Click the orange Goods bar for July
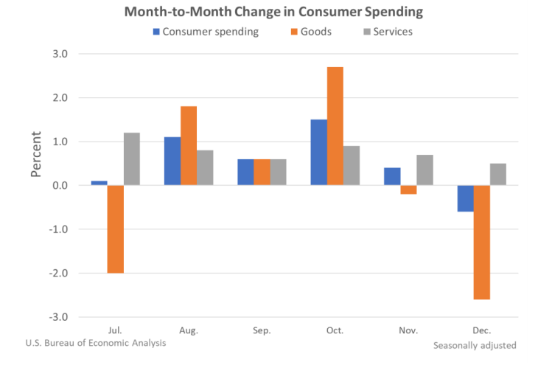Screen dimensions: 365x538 pyautogui.click(x=115, y=229)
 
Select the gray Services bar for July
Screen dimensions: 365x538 pyautogui.click(x=132, y=159)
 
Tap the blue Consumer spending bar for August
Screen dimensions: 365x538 pyautogui.click(x=172, y=161)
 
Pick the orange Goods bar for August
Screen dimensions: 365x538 pyautogui.click(x=189, y=146)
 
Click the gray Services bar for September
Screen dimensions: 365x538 pyautogui.click(x=278, y=172)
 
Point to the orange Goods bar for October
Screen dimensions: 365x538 pyautogui.click(x=335, y=126)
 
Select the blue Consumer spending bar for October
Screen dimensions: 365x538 pyautogui.click(x=318, y=153)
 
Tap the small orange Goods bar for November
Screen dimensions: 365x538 pyautogui.click(x=408, y=190)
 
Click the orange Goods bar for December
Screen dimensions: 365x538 pyautogui.click(x=481, y=242)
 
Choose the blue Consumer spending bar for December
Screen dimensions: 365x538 pyautogui.click(x=464, y=198)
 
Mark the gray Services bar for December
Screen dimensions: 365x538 pyautogui.click(x=497, y=174)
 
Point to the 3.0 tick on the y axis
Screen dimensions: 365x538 pyautogui.click(x=60, y=54)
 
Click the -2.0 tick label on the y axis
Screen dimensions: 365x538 pyautogui.click(x=58, y=273)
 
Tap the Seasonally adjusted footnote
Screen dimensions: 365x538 pyautogui.click(x=475, y=344)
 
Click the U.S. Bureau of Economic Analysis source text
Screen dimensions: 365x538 pyautogui.click(x=96, y=342)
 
